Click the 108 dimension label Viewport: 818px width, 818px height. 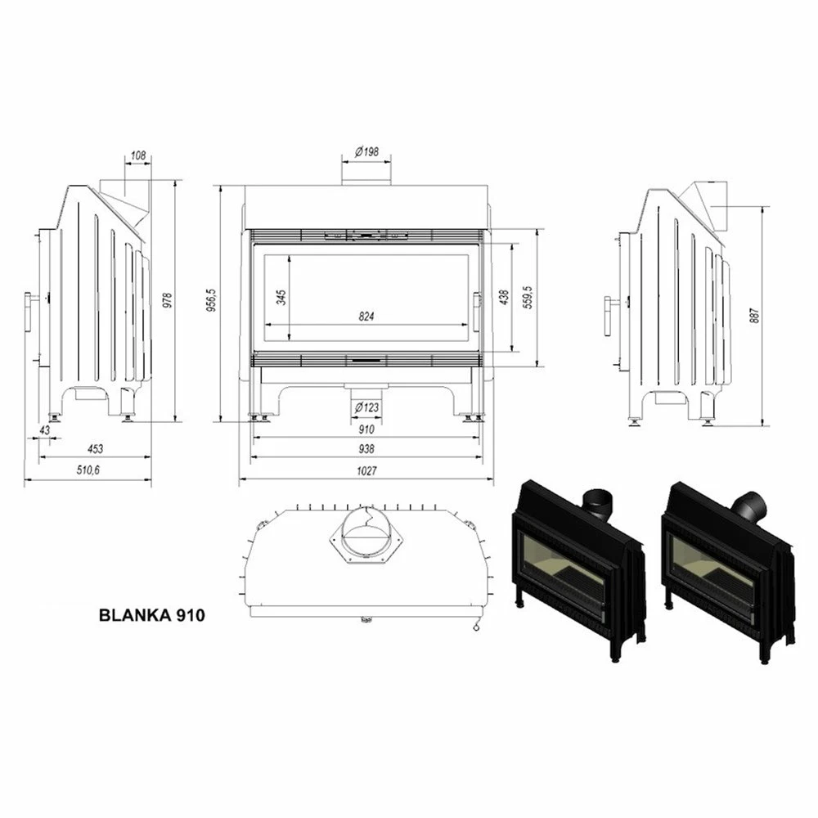(138, 155)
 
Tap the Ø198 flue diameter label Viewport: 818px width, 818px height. (366, 152)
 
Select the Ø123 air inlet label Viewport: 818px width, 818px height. (366, 407)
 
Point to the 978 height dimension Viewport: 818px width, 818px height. (168, 301)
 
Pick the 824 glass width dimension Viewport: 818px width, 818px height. (366, 316)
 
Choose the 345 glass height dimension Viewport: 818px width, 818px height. (281, 298)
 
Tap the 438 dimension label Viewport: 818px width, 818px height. (504, 298)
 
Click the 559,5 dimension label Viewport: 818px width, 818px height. (528, 298)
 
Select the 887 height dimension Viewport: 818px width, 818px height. (754, 316)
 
